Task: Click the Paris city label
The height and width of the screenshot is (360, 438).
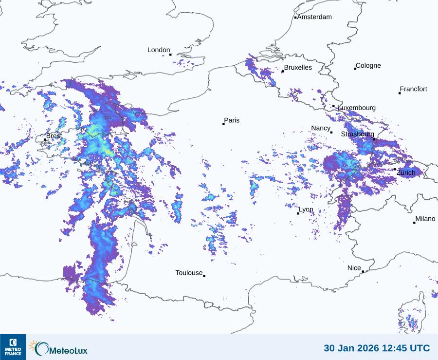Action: click(232, 120)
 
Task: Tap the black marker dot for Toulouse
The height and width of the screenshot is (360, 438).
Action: click(204, 276)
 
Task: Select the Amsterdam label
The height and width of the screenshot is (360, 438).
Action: click(314, 17)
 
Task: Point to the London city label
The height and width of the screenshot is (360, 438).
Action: click(159, 50)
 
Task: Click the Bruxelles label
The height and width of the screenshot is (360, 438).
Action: click(298, 68)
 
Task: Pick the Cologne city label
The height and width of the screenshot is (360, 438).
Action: click(368, 66)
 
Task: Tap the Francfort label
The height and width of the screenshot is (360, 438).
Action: click(414, 89)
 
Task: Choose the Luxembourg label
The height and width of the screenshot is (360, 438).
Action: click(357, 108)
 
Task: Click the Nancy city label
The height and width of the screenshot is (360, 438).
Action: click(321, 128)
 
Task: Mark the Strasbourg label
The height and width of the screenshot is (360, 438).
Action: click(357, 134)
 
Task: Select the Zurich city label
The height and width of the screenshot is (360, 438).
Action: click(406, 173)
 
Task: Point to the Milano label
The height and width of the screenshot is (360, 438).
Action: click(425, 219)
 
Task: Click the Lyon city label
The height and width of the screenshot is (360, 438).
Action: click(306, 210)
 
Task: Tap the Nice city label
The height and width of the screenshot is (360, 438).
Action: click(354, 268)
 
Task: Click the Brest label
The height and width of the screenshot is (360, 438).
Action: click(54, 136)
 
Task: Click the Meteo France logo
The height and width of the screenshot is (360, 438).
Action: click(13, 347)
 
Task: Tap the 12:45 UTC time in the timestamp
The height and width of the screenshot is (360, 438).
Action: click(405, 348)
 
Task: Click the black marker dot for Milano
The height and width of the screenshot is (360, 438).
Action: click(414, 223)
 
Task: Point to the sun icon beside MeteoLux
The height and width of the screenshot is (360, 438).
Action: click(34, 346)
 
